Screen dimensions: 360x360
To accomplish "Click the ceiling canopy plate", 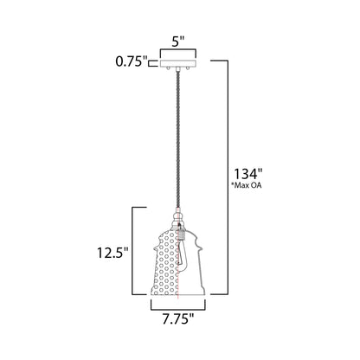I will (x=180, y=61).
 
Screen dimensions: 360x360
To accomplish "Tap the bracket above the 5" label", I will (x=180, y=50).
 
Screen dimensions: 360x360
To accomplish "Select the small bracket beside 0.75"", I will (x=151, y=61).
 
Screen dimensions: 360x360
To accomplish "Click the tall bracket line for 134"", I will (x=227, y=173).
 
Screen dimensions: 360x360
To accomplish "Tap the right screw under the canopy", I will (x=188, y=68).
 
